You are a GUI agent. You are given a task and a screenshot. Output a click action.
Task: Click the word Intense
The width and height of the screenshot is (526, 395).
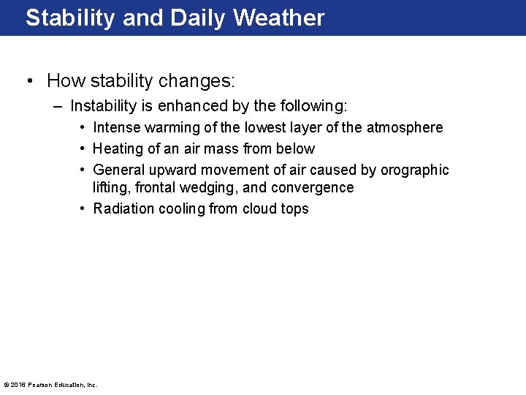click(x=117, y=127)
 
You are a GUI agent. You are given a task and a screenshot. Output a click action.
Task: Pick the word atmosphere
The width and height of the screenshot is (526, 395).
click(x=404, y=127)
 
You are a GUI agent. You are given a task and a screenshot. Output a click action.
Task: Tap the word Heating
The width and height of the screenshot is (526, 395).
click(x=118, y=148)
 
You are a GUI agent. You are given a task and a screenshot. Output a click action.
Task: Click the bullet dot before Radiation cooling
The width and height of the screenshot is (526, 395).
click(x=83, y=208)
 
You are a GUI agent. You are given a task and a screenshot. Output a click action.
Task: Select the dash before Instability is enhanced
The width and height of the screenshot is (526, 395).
click(x=58, y=106)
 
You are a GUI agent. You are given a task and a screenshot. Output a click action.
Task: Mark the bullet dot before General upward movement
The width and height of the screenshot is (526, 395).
click(x=83, y=170)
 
